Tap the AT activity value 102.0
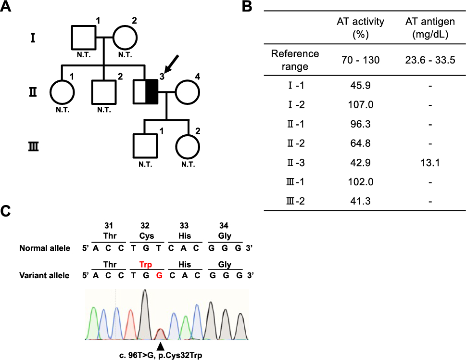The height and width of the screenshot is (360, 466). [360, 182]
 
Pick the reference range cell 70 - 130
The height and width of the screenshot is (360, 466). [360, 60]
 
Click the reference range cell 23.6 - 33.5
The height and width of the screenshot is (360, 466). [431, 60]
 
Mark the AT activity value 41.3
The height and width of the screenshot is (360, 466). [360, 202]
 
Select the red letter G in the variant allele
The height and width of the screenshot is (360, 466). [158, 276]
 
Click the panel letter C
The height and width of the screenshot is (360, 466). [8, 212]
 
